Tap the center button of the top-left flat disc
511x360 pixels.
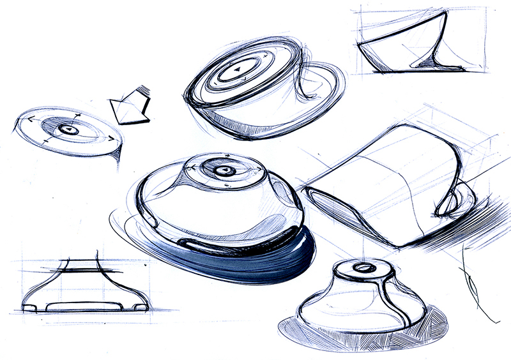click(69, 130)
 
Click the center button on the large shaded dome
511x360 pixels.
click(223, 171)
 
